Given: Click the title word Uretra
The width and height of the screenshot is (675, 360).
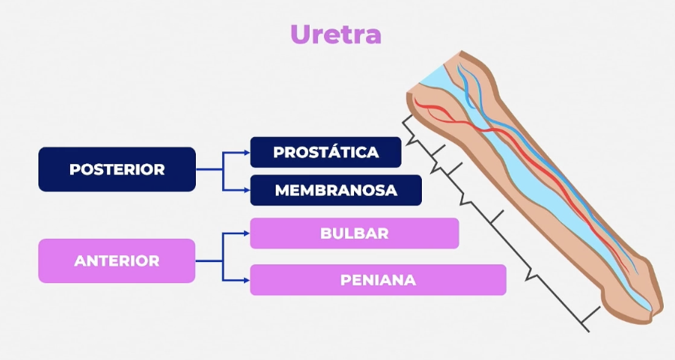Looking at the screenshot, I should click(336, 35).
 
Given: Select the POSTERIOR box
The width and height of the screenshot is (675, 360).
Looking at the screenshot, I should click(117, 169).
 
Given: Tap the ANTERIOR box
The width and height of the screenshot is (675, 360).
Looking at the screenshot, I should click(117, 261).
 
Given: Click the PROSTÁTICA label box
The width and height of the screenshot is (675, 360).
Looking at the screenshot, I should click(325, 152).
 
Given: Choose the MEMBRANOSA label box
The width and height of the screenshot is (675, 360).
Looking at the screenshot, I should click(335, 191).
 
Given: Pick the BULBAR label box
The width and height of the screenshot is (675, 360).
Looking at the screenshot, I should click(354, 233).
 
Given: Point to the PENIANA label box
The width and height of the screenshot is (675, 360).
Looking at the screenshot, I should click(377, 280).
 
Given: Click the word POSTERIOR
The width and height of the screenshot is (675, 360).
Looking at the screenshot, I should click(117, 169).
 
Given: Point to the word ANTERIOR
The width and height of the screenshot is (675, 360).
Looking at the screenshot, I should click(117, 261).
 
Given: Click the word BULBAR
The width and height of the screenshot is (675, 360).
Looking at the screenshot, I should click(354, 233).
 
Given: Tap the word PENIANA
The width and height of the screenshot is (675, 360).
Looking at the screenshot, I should click(377, 280).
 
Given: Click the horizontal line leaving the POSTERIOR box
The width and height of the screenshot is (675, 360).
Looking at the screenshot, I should click(209, 169).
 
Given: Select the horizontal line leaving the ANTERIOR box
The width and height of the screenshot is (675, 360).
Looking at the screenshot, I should click(209, 261).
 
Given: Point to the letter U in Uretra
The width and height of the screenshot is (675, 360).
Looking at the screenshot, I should click(301, 35).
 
